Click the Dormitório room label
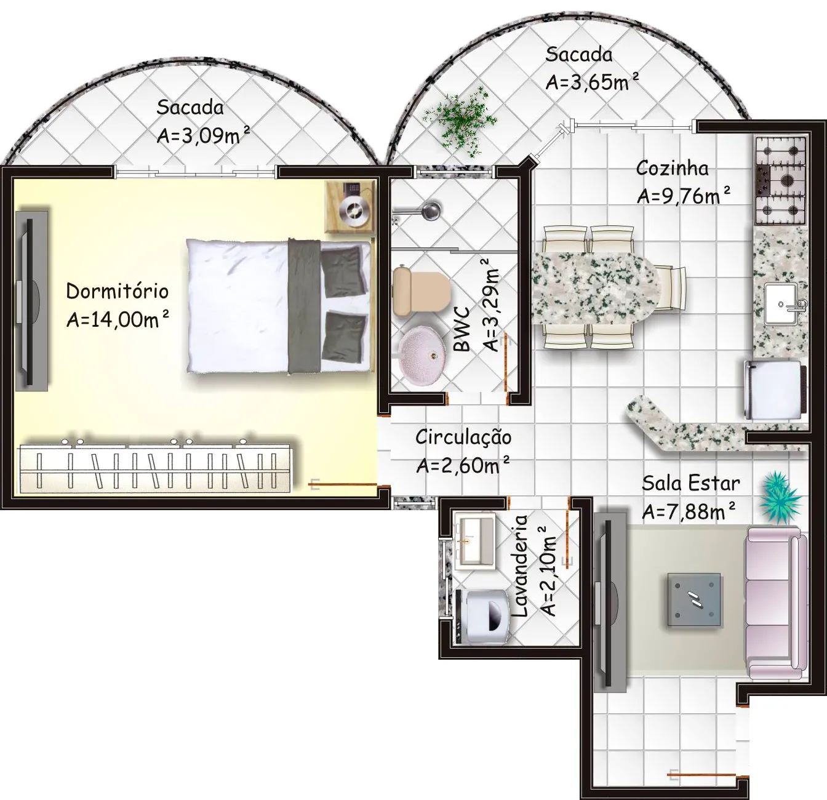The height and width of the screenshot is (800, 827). coord(118,291)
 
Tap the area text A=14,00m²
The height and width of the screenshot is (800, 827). coord(118,319)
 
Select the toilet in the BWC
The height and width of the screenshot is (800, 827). coord(421,290)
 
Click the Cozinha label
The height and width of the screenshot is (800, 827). coord(673,169)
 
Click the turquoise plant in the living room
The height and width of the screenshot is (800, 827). coord(780,497)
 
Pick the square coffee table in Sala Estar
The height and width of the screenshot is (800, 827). coord(694,600)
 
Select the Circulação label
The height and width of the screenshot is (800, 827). coord(463,437)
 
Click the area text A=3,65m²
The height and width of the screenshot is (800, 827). coord(592,82)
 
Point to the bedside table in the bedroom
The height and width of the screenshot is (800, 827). coord(350,206)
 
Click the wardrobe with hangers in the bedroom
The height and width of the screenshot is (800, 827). coord(156,468)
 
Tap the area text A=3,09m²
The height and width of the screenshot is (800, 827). coord(203,135)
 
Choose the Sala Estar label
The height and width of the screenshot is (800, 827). coord(690,483)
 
